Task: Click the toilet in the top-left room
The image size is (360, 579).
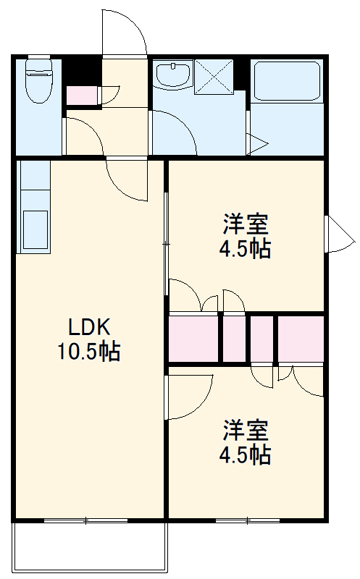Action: click(x=38, y=80)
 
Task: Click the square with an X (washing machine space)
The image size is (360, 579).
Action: click(x=214, y=76)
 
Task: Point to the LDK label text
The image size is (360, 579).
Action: click(x=89, y=327)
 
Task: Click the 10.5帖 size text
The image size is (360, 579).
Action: click(x=88, y=351)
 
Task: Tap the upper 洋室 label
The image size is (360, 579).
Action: click(x=246, y=224)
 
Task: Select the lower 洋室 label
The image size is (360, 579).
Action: click(x=246, y=430)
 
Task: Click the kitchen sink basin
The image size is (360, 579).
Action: click(x=35, y=229)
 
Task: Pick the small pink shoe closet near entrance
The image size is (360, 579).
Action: click(x=82, y=96)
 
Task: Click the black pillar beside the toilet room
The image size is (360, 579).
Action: click(x=82, y=71)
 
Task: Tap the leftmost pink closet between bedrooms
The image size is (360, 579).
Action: click(x=193, y=338)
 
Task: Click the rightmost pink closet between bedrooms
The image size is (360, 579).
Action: click(x=301, y=339)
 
